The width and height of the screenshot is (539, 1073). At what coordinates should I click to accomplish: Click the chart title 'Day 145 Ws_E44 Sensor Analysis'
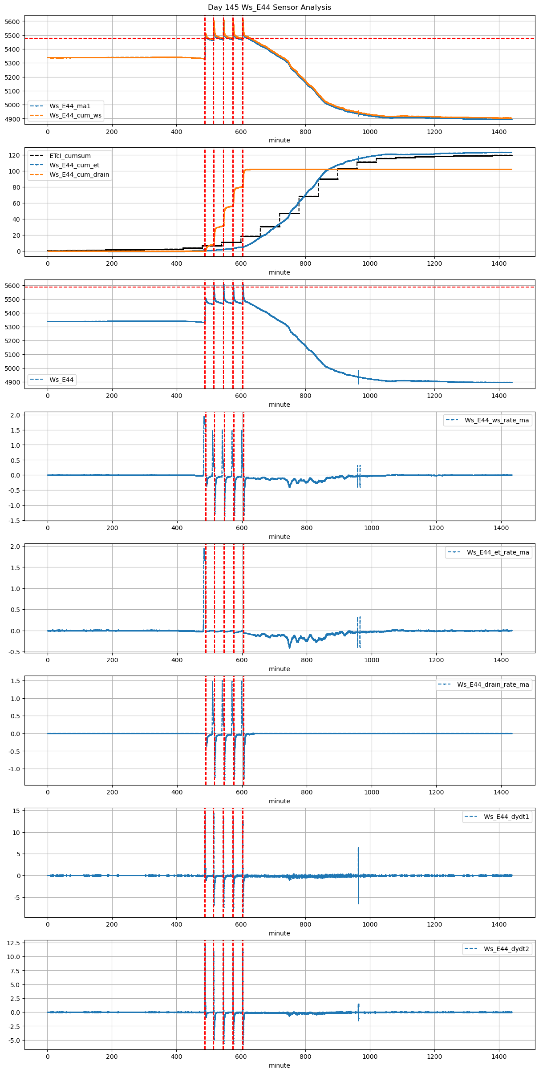[269, 7]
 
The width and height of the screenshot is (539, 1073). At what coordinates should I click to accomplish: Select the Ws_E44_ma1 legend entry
[69, 106]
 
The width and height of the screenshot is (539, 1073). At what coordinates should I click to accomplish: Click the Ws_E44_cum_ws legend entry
[75, 115]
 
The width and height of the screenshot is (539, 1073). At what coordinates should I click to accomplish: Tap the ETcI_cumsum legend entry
[70, 156]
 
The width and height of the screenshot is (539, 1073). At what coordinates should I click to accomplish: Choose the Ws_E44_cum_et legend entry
[74, 165]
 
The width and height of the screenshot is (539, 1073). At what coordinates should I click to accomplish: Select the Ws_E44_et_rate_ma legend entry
[498, 552]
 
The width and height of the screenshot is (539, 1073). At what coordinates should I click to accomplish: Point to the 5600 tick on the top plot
[12, 22]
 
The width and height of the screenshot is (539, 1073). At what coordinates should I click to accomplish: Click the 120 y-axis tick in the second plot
[15, 155]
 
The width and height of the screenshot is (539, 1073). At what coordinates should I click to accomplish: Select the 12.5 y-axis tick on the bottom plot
[13, 943]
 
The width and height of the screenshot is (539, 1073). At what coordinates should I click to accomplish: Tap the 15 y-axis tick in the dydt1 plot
[16, 811]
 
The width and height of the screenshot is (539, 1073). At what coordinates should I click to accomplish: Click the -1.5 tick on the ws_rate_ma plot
[15, 521]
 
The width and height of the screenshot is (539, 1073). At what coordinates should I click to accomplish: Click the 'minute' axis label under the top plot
[279, 140]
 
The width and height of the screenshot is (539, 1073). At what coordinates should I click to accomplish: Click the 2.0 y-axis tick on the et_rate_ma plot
[16, 547]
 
